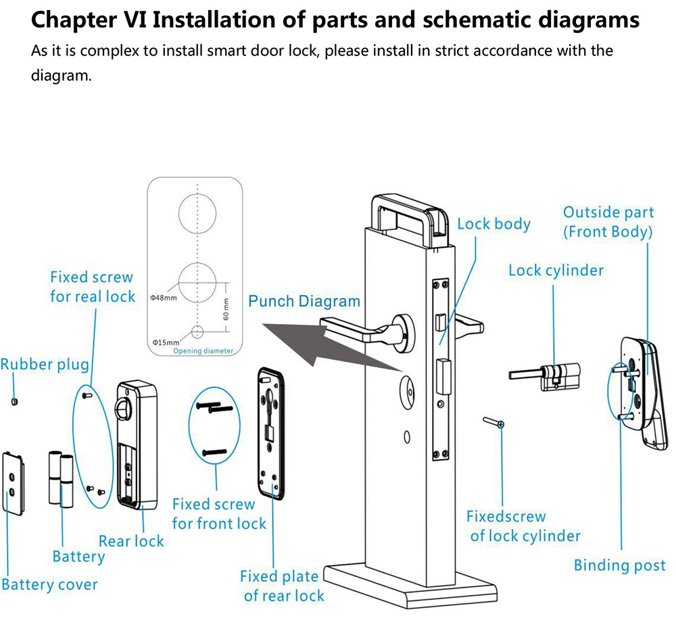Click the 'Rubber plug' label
point(45,365)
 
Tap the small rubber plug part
point(15,400)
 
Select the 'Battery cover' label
point(49,584)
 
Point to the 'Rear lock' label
point(131,541)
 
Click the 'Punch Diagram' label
point(304,301)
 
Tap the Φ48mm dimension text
point(164,298)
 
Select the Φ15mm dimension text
point(164,342)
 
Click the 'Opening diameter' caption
point(203,351)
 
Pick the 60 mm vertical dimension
point(226,308)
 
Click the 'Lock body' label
point(494,224)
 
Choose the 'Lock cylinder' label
point(556,271)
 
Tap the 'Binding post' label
point(619,565)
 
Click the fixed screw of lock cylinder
point(494,423)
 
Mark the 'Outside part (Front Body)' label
point(608,222)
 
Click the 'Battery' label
point(78,557)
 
